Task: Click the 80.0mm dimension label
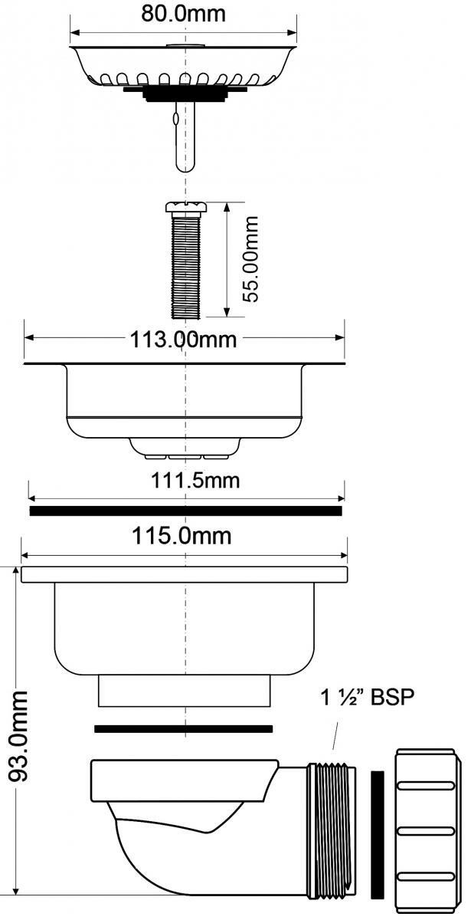(x=183, y=14)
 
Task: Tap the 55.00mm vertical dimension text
(x=250, y=260)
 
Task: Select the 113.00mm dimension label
(x=183, y=340)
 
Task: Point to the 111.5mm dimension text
(x=195, y=481)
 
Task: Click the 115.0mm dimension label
(x=182, y=536)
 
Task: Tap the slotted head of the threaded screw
(x=186, y=208)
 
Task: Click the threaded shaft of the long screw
(x=186, y=265)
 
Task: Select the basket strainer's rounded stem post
(x=185, y=136)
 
